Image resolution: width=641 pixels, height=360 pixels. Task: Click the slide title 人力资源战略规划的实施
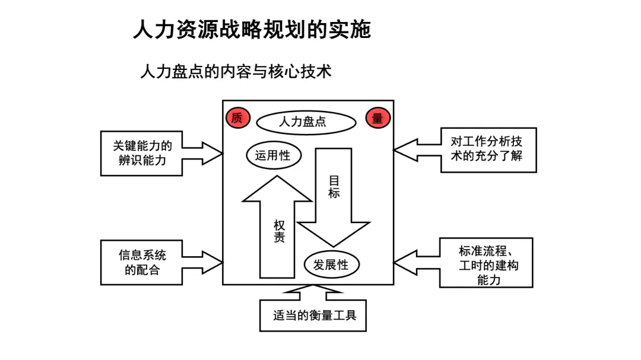point(252,29)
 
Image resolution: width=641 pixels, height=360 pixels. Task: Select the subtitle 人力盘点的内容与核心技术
point(236,72)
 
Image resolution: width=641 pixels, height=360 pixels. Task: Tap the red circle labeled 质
point(237,118)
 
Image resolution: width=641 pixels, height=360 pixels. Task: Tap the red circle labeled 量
point(377,118)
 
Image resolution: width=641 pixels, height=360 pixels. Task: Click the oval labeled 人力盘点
point(306,122)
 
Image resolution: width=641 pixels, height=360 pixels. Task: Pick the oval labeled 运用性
point(273,155)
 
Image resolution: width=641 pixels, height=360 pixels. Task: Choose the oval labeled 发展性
point(332,265)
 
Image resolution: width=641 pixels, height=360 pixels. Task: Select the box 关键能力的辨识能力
point(142,153)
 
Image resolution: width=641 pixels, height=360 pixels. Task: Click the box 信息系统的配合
point(142,262)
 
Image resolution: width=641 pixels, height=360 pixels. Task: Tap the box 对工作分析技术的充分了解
point(488,149)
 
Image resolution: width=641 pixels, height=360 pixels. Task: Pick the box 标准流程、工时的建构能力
point(485,263)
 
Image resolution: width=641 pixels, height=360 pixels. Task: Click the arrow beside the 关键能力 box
point(202,152)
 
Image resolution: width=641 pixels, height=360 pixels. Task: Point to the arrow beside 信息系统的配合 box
point(202,262)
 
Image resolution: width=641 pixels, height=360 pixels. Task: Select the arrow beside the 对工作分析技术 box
point(417,150)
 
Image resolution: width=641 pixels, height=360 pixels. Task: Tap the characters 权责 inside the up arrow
point(279,231)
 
